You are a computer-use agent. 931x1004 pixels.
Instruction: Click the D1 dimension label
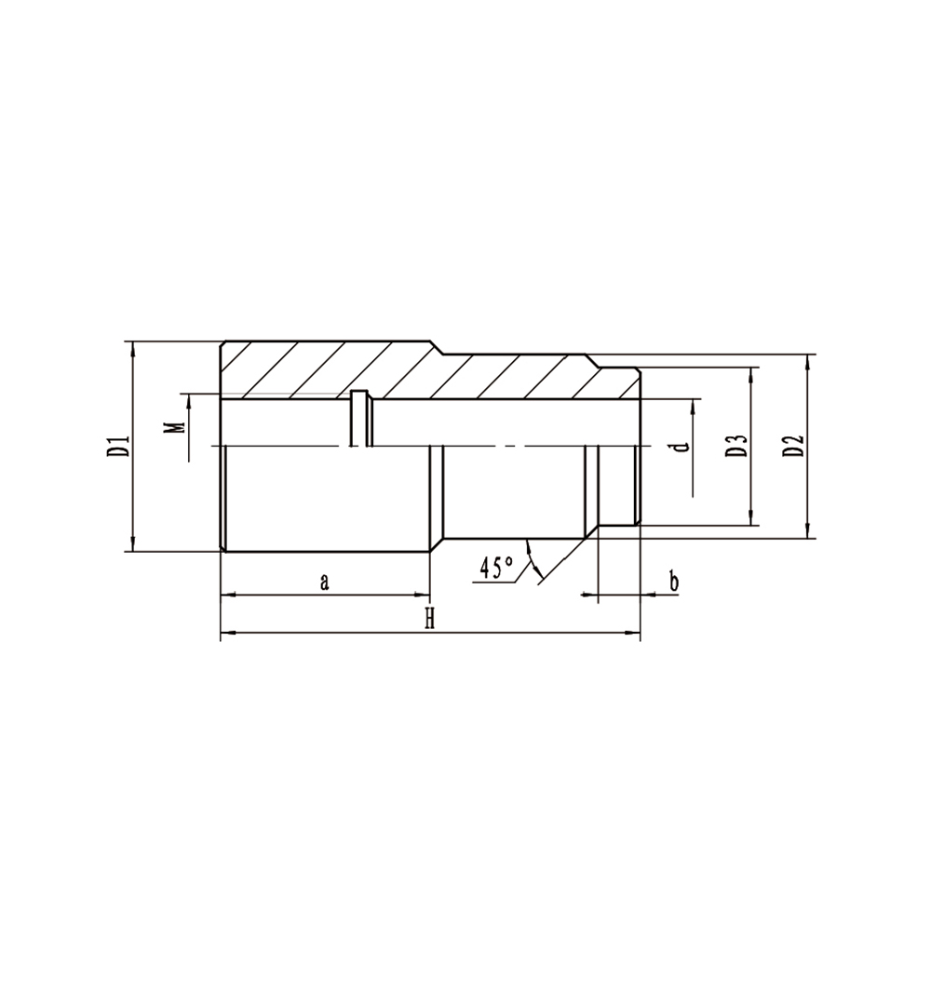coord(119,447)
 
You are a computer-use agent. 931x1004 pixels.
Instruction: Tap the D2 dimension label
coord(794,446)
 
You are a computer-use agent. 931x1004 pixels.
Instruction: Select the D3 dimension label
coord(737,446)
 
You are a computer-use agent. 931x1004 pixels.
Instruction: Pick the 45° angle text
coord(496,568)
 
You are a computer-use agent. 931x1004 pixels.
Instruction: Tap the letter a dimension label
coord(325,582)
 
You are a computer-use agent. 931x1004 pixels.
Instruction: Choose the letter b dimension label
coord(674,582)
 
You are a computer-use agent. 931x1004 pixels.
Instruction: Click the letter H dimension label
coord(430,619)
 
